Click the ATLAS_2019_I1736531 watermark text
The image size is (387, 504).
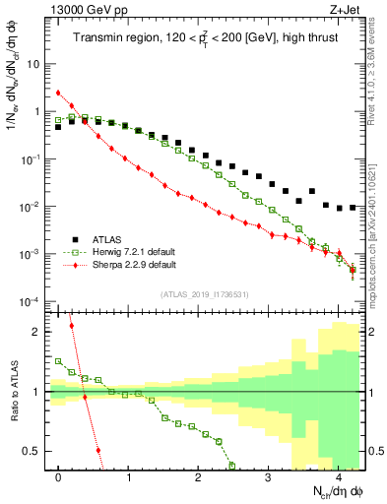tap(204, 294)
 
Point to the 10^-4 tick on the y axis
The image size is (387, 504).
tap(30, 301)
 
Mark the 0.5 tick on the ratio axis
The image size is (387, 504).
tap(33, 452)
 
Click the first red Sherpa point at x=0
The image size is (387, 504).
tap(59, 93)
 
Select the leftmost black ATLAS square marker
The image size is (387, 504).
tap(59, 127)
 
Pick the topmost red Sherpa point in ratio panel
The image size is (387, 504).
tap(72, 325)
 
